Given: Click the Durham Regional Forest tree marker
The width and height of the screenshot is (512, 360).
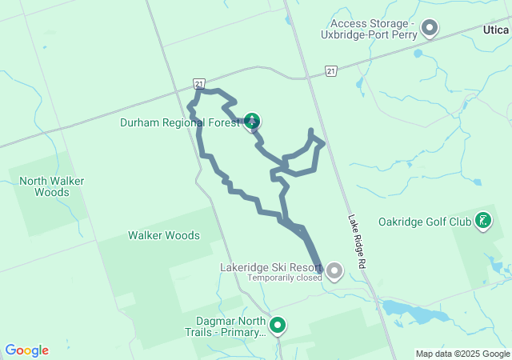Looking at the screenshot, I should pyautogui.click(x=252, y=122).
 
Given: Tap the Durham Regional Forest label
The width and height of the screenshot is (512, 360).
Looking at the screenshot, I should pyautogui.click(x=179, y=123).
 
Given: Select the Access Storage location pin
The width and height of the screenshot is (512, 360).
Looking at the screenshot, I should pyautogui.click(x=430, y=29).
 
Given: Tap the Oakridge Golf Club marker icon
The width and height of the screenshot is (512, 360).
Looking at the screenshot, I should pyautogui.click(x=483, y=220).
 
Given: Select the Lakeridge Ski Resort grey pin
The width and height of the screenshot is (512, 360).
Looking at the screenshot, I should pyautogui.click(x=334, y=272).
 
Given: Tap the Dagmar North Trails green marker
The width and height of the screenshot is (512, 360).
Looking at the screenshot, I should pyautogui.click(x=278, y=326).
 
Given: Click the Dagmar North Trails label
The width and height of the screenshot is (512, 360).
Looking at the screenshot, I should pyautogui.click(x=223, y=326).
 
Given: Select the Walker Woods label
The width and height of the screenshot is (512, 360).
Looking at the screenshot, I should pyautogui.click(x=164, y=235).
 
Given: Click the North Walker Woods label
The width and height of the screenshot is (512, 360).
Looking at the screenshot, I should pyautogui.click(x=52, y=186).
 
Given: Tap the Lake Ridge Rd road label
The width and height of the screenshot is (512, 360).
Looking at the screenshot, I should pyautogui.click(x=357, y=241).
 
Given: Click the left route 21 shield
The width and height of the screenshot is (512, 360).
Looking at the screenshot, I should pyautogui.click(x=198, y=83).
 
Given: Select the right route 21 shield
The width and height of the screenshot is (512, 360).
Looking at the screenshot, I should pyautogui.click(x=331, y=72).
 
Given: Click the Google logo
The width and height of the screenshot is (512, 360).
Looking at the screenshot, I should pyautogui.click(x=26, y=350).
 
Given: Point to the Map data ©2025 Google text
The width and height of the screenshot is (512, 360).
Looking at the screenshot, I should pyautogui.click(x=462, y=354).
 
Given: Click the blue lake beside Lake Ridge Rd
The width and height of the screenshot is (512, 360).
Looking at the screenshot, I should pyautogui.click(x=408, y=308).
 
